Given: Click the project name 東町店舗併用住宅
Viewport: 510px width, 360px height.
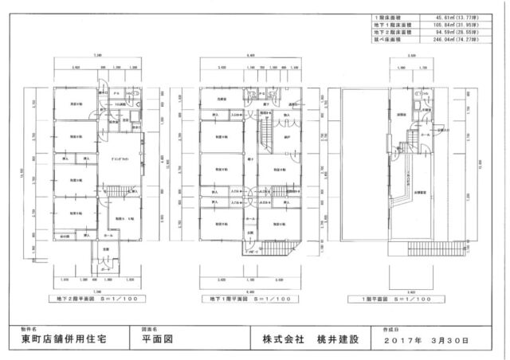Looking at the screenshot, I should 66,339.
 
